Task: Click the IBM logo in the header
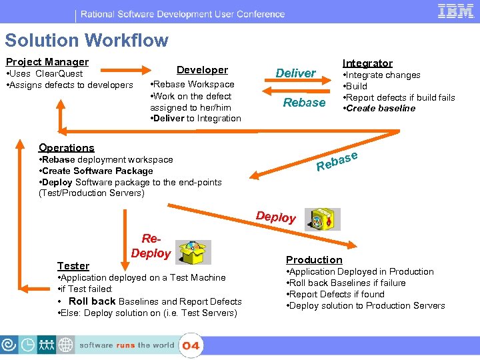pyautogui.click(x=455, y=11)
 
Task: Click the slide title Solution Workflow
pyautogui.click(x=87, y=41)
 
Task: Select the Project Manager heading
pyautogui.click(x=47, y=62)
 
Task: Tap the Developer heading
pyautogui.click(x=202, y=70)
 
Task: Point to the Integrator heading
pyautogui.click(x=367, y=63)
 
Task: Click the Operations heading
pyautogui.click(x=67, y=148)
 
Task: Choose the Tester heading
pyautogui.click(x=73, y=266)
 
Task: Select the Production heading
pyautogui.click(x=314, y=260)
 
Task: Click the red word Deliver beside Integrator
pyautogui.click(x=296, y=73)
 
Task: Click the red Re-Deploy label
pyautogui.click(x=151, y=246)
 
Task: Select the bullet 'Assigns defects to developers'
pyautogui.click(x=69, y=85)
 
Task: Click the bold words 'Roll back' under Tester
pyautogui.click(x=93, y=301)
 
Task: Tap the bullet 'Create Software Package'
pyautogui.click(x=96, y=171)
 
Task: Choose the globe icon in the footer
pyautogui.click(x=66, y=345)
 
